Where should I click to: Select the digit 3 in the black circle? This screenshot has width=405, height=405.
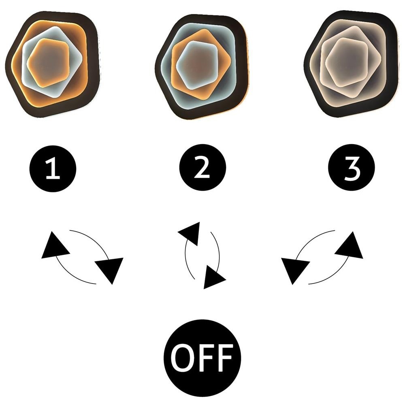(x=352, y=169)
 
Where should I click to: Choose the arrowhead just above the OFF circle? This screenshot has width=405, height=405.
(x=214, y=277)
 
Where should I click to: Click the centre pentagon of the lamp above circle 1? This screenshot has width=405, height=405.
(x=48, y=62)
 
